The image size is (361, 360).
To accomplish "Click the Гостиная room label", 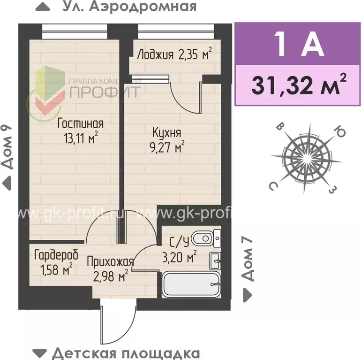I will (x=80, y=124).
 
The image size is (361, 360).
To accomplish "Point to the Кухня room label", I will (x=167, y=133).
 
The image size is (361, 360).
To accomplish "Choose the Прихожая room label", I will (x=110, y=262).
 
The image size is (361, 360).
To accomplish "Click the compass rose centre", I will (x=302, y=158).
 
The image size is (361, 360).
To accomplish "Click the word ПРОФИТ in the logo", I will (x=105, y=91).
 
